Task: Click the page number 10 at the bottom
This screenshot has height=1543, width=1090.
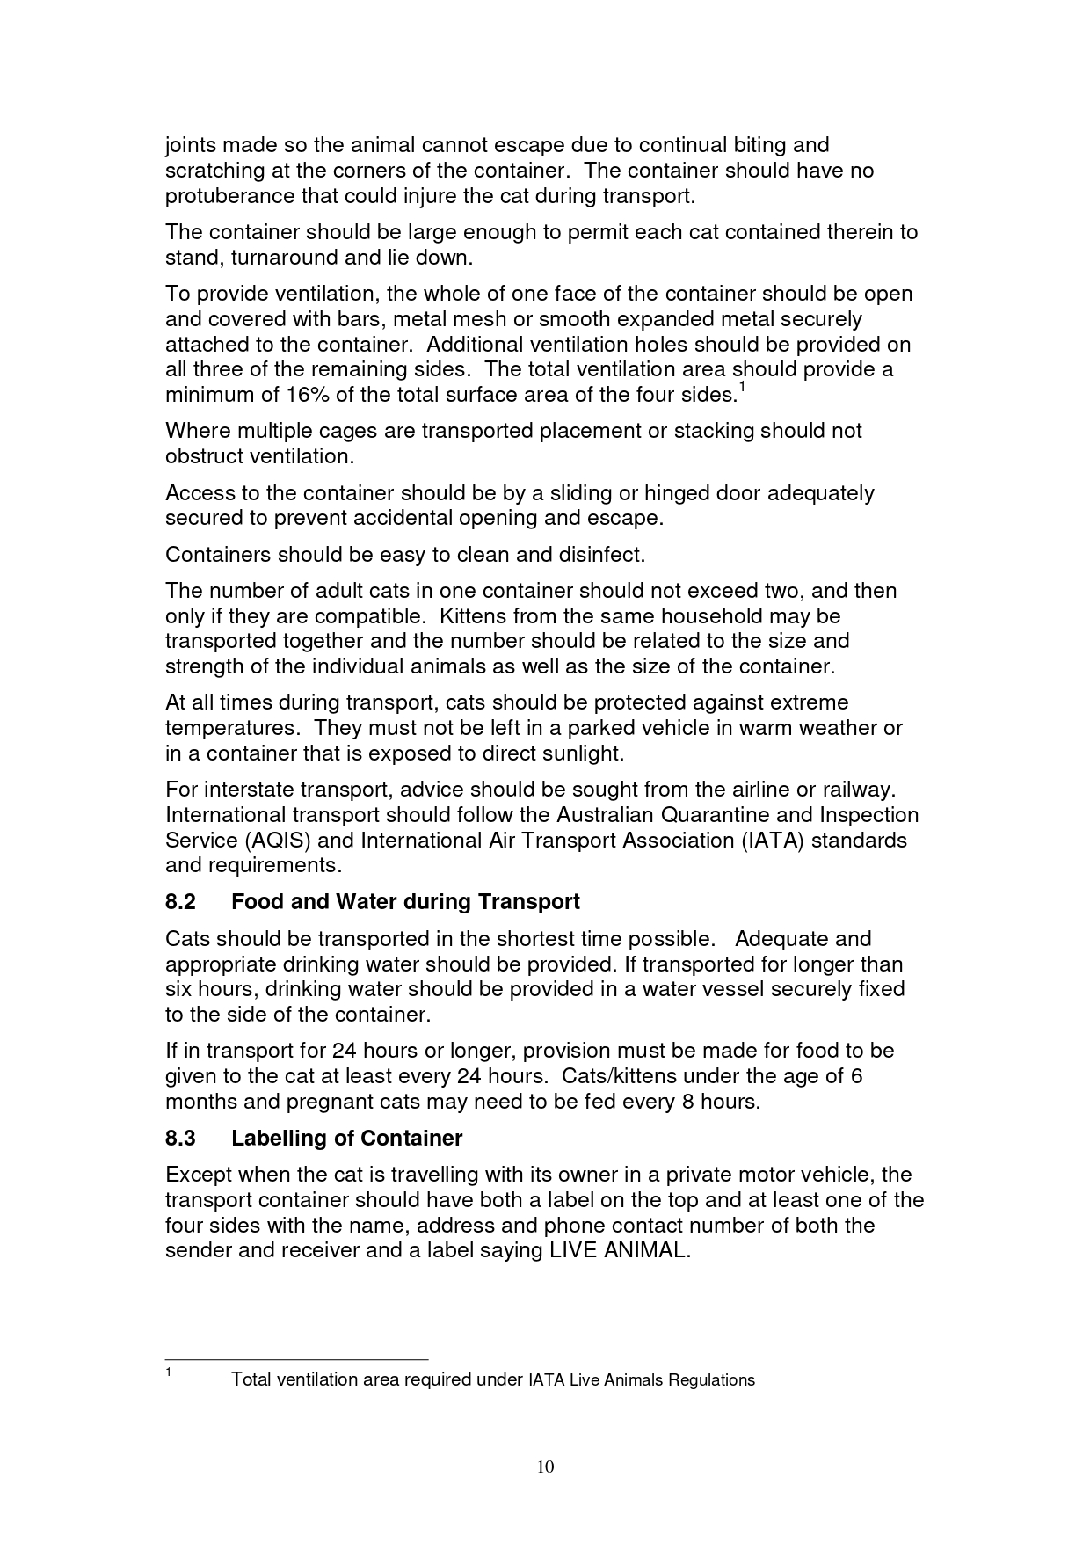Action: click(x=545, y=1466)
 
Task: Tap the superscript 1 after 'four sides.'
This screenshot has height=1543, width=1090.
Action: click(x=742, y=388)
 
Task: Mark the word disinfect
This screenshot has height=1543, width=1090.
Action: click(x=602, y=555)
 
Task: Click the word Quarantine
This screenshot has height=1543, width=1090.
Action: click(x=716, y=815)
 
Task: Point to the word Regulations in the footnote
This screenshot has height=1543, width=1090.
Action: click(x=711, y=1380)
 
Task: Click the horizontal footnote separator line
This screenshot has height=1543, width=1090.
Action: click(x=296, y=1358)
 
